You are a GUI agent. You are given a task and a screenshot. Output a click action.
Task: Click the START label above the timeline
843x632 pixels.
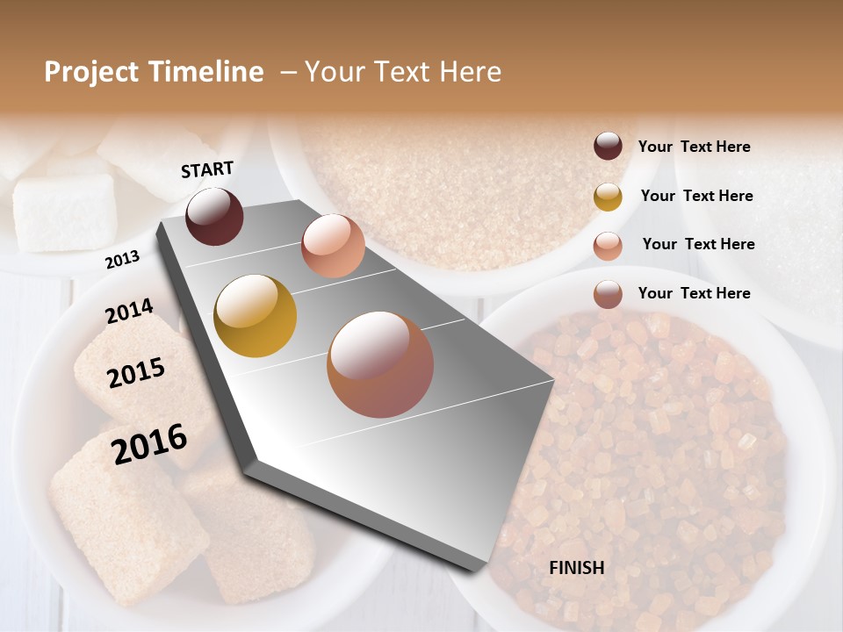207,169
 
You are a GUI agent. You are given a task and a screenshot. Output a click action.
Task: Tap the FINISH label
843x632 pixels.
576,568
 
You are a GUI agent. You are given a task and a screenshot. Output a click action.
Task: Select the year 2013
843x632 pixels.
122,260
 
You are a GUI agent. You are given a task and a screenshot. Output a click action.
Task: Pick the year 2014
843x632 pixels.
129,311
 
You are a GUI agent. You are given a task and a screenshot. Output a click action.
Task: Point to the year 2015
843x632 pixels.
136,373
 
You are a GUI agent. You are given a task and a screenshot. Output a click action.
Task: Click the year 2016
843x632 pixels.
149,443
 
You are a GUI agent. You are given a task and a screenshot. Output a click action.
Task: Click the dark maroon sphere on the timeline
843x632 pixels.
214,216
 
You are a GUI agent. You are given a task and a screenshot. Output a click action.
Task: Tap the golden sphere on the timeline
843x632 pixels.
255,316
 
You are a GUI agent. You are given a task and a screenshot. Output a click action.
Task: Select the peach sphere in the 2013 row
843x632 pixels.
333,246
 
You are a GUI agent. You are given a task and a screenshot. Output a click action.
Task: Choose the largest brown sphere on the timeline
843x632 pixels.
380,364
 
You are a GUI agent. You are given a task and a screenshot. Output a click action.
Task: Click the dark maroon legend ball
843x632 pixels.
608,146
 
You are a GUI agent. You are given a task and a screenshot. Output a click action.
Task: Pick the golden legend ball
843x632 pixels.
608,197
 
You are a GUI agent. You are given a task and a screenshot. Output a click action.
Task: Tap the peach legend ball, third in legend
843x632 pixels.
608,246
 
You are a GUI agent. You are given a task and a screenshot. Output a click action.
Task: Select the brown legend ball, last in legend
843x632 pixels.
608,294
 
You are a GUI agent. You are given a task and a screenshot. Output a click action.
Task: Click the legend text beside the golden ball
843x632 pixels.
696,196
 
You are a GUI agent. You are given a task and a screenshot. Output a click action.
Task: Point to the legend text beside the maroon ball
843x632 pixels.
694,147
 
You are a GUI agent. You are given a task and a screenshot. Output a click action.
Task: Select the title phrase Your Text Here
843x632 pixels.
402,72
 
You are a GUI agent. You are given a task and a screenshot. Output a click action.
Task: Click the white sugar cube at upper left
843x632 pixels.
64,212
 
